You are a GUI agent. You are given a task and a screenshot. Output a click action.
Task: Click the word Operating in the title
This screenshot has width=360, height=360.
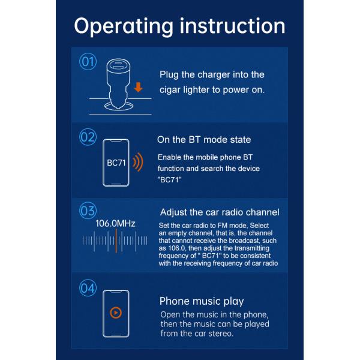click(124, 27)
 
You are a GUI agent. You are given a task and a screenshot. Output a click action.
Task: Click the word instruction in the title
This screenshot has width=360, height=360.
click(232, 26)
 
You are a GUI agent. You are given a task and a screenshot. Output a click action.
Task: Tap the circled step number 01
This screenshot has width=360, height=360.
click(88, 61)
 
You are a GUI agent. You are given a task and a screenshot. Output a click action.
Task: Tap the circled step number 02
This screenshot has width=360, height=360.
click(88, 137)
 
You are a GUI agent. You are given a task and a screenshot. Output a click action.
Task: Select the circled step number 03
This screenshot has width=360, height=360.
click(88, 211)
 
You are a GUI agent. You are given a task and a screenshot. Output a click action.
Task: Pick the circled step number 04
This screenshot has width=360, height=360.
click(88, 288)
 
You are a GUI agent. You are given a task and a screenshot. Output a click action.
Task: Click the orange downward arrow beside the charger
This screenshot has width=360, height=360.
click(138, 88)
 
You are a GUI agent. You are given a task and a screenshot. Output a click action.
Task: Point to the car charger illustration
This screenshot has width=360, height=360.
click(118, 84)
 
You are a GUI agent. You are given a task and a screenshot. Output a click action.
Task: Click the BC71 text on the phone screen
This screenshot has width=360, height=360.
click(116, 163)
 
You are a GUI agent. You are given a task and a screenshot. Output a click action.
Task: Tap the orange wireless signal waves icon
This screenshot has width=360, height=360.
click(138, 162)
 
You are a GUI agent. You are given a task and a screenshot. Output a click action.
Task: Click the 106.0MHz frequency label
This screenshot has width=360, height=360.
click(115, 223)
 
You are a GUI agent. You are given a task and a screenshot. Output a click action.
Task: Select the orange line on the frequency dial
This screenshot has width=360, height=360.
click(116, 241)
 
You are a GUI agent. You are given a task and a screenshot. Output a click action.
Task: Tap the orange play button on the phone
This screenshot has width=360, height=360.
click(116, 313)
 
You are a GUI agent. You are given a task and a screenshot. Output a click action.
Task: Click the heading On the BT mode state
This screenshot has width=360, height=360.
click(204, 140)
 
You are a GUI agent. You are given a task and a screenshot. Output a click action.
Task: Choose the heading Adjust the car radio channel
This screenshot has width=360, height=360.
click(220, 212)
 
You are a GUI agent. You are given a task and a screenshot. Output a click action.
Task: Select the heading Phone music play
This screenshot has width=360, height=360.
click(202, 301)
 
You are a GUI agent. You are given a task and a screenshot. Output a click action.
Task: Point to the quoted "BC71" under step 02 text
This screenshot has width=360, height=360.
click(169, 179)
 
